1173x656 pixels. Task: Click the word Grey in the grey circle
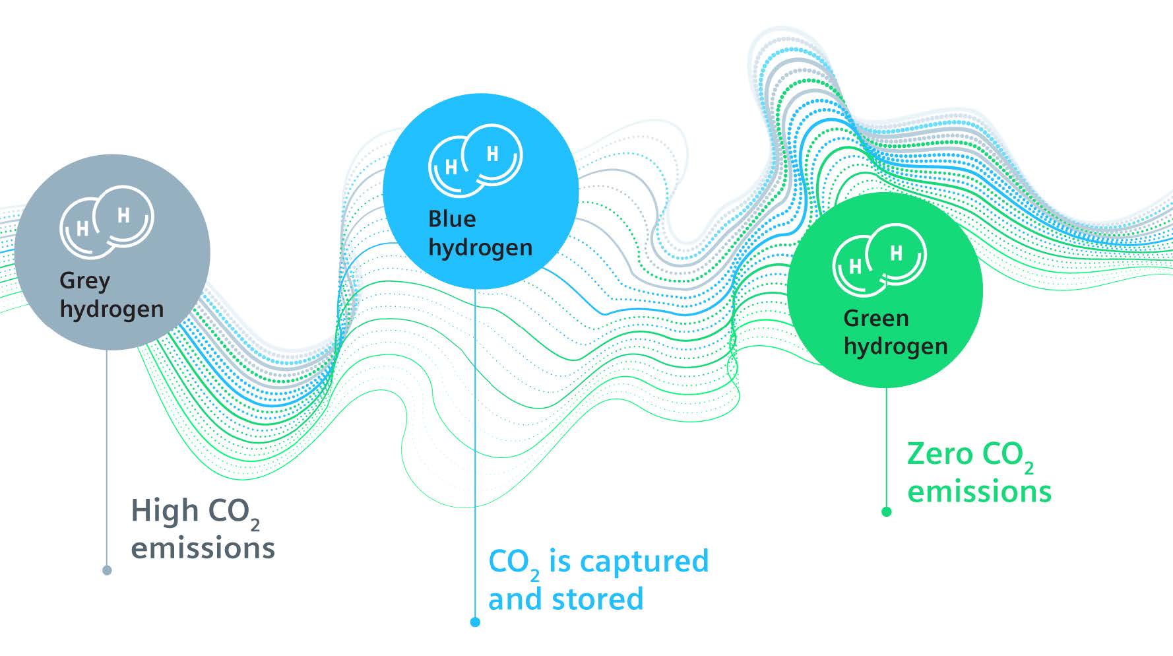coord(84,281)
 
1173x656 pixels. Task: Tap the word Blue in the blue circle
coord(452,219)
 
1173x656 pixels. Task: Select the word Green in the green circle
coord(875,319)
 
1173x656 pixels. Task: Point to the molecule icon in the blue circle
coord(475,160)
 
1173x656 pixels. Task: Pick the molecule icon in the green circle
coord(879,260)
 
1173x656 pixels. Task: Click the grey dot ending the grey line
coord(107,570)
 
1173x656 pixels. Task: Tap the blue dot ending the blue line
coord(475,622)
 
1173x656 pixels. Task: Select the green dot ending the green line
coord(887,511)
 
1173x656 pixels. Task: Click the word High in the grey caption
coord(164,511)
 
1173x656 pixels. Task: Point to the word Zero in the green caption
coord(939,454)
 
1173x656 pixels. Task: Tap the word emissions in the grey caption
coord(203,548)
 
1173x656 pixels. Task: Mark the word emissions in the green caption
coord(979,492)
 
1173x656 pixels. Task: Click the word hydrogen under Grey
coord(111,309)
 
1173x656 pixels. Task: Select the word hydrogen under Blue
coord(480,247)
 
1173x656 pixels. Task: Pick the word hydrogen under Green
coord(895,346)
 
